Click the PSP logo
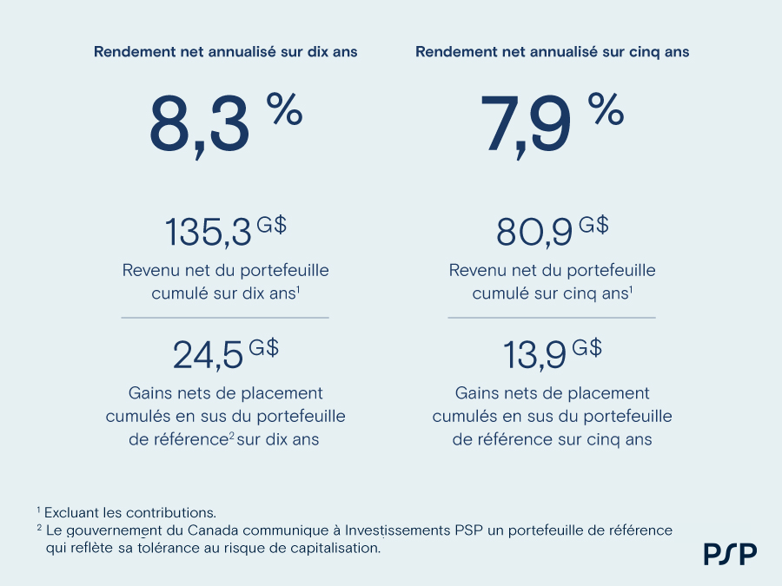pyautogui.click(x=730, y=553)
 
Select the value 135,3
pyautogui.click(x=209, y=233)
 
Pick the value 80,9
pyautogui.click(x=534, y=233)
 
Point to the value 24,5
pyautogui.click(x=209, y=355)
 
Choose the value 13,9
pyautogui.click(x=534, y=355)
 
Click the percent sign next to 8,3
pyautogui.click(x=284, y=109)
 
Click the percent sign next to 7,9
pyautogui.click(x=606, y=109)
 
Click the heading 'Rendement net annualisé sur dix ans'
pyautogui.click(x=225, y=52)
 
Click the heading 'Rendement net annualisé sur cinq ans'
pyautogui.click(x=552, y=52)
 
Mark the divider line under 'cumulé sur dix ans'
pyautogui.click(x=225, y=318)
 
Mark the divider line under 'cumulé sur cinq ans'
pyautogui.click(x=552, y=318)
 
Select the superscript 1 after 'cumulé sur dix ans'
pyautogui.click(x=298, y=289)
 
